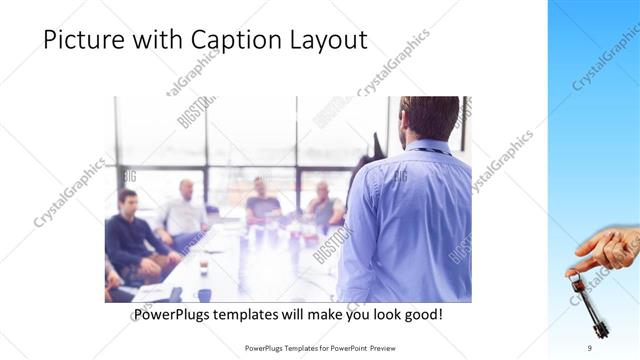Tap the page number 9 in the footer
pyautogui.click(x=589, y=347)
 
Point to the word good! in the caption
pyautogui.click(x=422, y=315)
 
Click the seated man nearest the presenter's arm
pyautogui.click(x=323, y=205)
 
